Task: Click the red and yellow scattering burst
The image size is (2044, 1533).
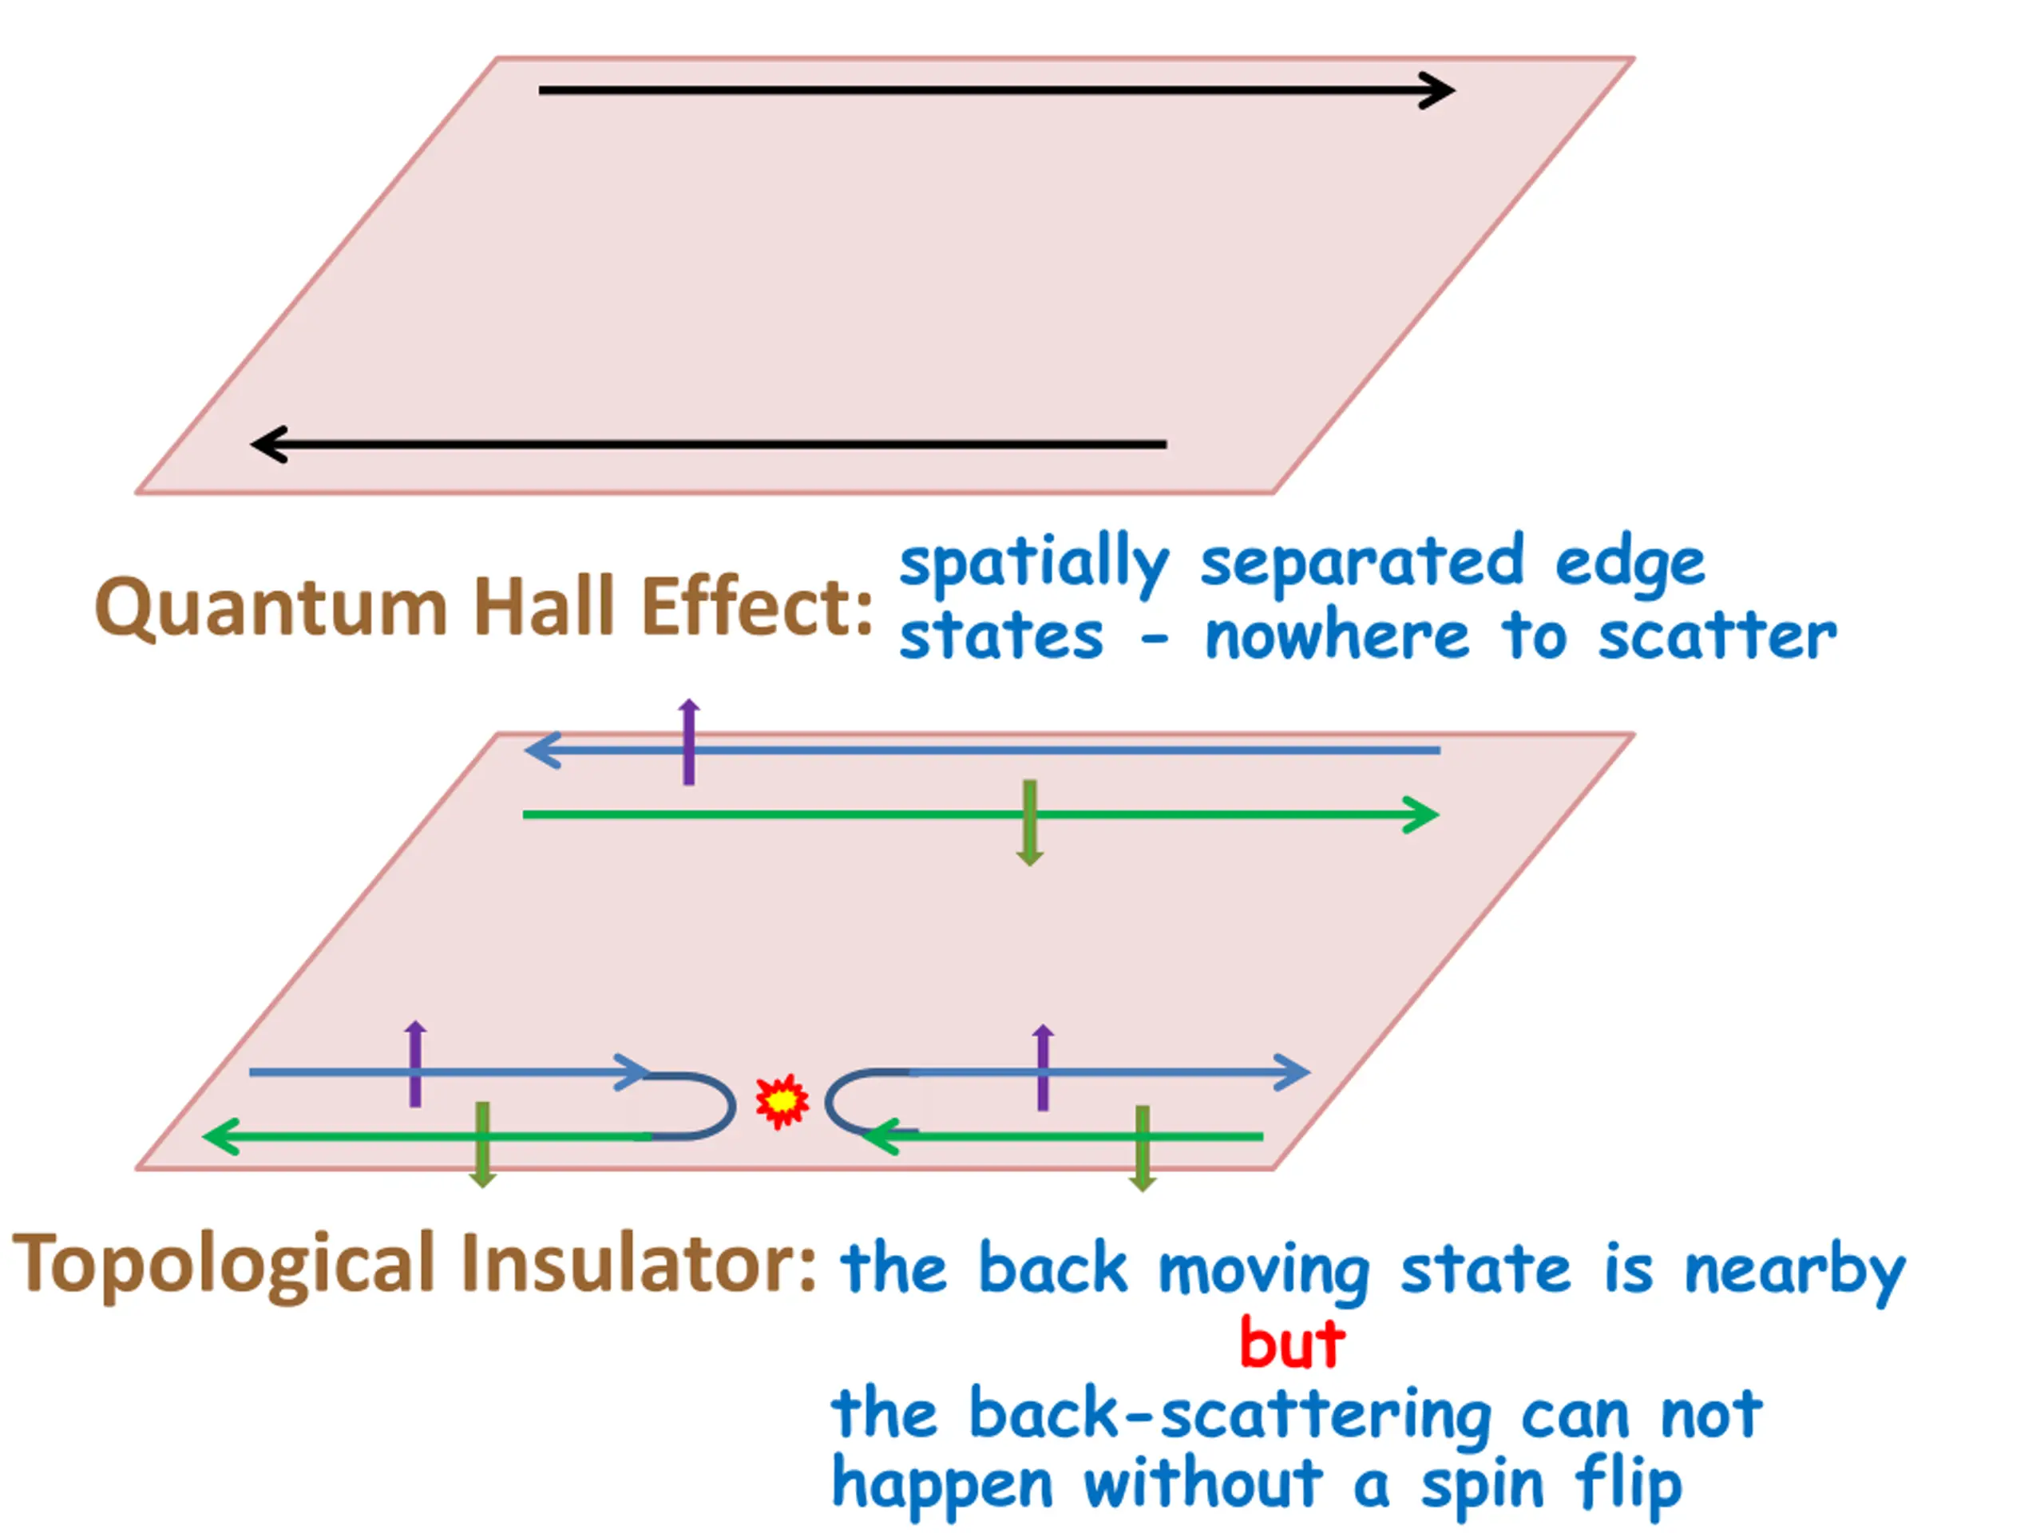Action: click(782, 1100)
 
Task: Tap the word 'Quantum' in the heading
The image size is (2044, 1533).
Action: click(271, 609)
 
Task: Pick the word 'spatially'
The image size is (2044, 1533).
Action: click(1033, 564)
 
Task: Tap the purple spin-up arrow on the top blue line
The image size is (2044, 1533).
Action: click(688, 742)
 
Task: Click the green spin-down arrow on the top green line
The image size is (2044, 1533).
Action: click(1029, 822)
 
